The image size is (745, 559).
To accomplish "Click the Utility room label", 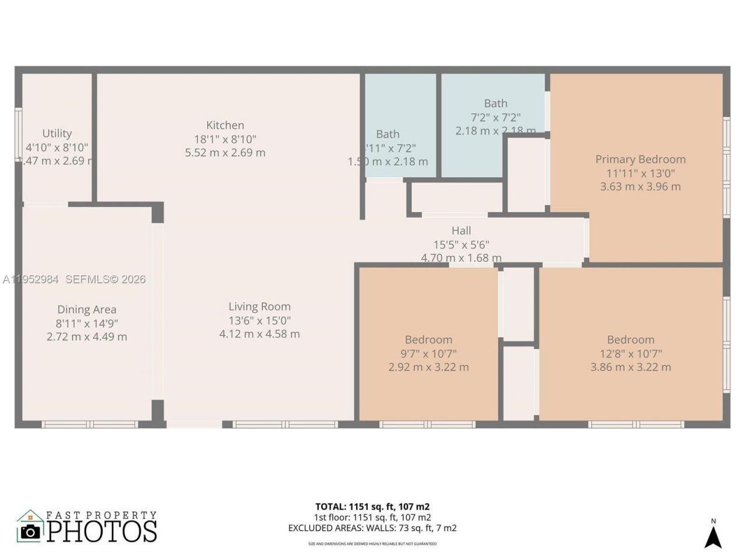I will (x=57, y=133).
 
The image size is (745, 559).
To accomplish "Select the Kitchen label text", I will (x=225, y=125).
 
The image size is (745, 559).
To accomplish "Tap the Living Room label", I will (x=260, y=307).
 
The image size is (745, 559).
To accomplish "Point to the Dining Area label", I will (x=87, y=310).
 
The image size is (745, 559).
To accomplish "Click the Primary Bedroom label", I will (x=640, y=159).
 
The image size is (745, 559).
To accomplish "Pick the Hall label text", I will (x=461, y=231).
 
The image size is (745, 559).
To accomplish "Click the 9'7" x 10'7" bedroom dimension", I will (x=428, y=353).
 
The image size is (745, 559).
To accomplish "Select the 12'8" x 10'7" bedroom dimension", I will (x=630, y=353).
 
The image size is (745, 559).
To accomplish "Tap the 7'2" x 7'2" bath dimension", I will (x=495, y=117).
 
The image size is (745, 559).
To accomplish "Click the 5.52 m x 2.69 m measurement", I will (x=225, y=153).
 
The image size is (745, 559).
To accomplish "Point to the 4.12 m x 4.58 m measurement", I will (x=260, y=334).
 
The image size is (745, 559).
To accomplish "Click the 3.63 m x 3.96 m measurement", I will (x=640, y=187).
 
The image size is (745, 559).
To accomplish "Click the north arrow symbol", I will (x=713, y=536).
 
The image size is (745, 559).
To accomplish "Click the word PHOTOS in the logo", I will (x=102, y=531).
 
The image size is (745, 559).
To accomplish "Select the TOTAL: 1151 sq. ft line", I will (x=372, y=507).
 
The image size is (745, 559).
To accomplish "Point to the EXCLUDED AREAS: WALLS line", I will (x=372, y=528).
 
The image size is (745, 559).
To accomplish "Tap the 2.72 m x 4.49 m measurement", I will (x=87, y=337).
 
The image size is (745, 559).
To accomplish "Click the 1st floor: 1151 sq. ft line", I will (x=372, y=517).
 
